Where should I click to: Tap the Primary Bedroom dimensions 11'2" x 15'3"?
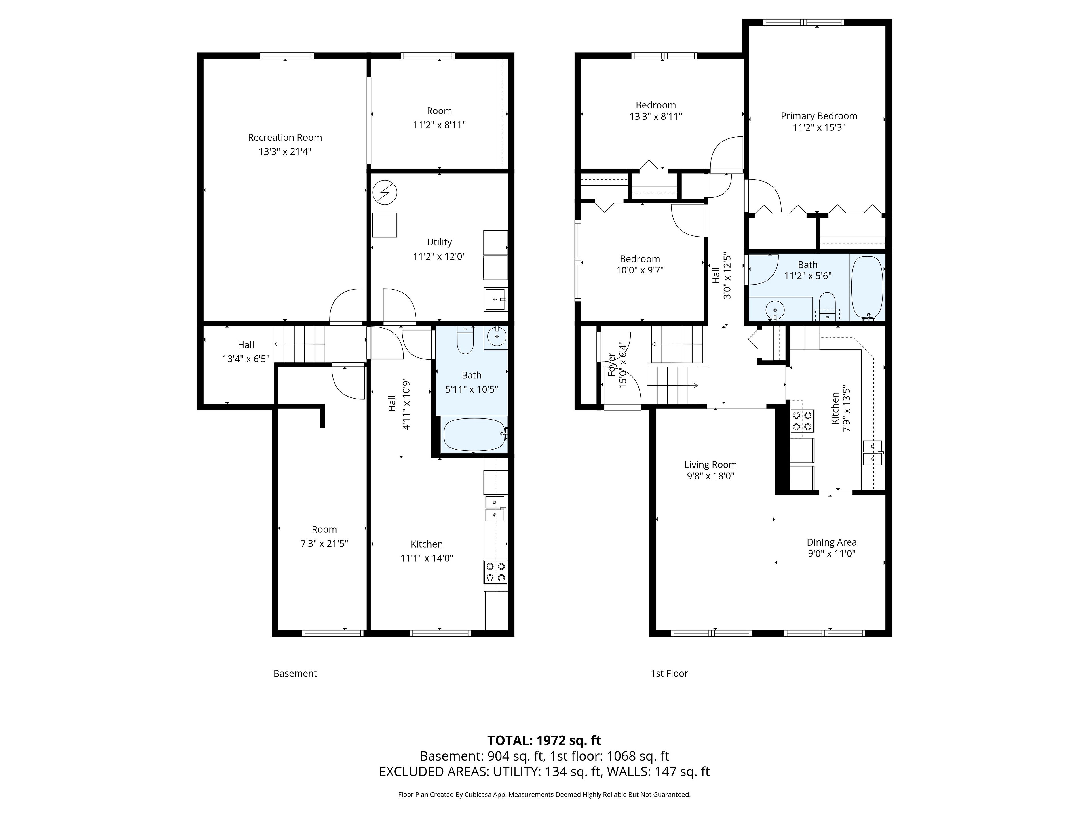pos(819,128)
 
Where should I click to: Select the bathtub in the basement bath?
pos(474,434)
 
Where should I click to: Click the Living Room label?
pos(710,464)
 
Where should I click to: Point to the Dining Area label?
pos(831,542)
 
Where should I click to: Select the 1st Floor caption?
pos(669,673)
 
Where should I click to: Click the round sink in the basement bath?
pos(496,337)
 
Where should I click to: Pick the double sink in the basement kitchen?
pos(495,509)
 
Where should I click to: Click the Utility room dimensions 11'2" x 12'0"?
pos(439,256)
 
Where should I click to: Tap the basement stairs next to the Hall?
pos(299,344)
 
